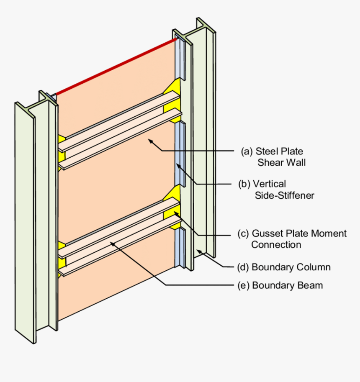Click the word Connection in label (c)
coord(276,244)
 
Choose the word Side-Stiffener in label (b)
coord(284,195)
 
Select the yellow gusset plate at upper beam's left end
coord(62,149)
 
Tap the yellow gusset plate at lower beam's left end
coord(62,255)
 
